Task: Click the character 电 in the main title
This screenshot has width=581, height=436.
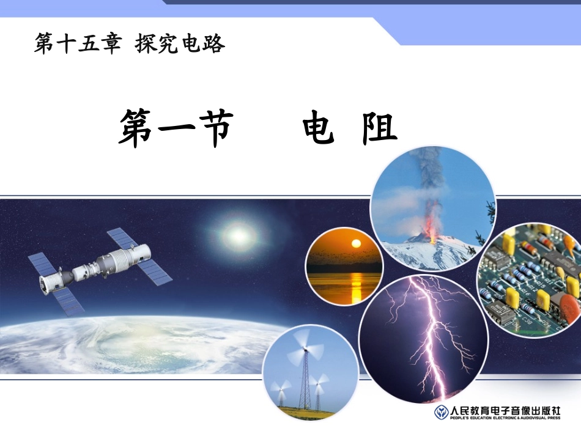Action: [x=319, y=128]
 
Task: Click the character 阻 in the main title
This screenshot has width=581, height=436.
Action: [x=380, y=128]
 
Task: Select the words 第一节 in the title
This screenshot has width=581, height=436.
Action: [x=176, y=128]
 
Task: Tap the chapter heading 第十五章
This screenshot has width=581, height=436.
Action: [x=78, y=44]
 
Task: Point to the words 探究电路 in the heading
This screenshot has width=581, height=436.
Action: [x=180, y=44]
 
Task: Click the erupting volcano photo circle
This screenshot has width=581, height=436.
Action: [x=432, y=208]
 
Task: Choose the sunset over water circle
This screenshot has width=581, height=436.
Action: [x=344, y=266]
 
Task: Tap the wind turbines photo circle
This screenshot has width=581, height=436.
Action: [x=309, y=373]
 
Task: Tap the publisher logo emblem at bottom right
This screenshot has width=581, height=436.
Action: [x=440, y=412]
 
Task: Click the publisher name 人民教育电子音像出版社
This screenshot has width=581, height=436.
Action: [x=505, y=410]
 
